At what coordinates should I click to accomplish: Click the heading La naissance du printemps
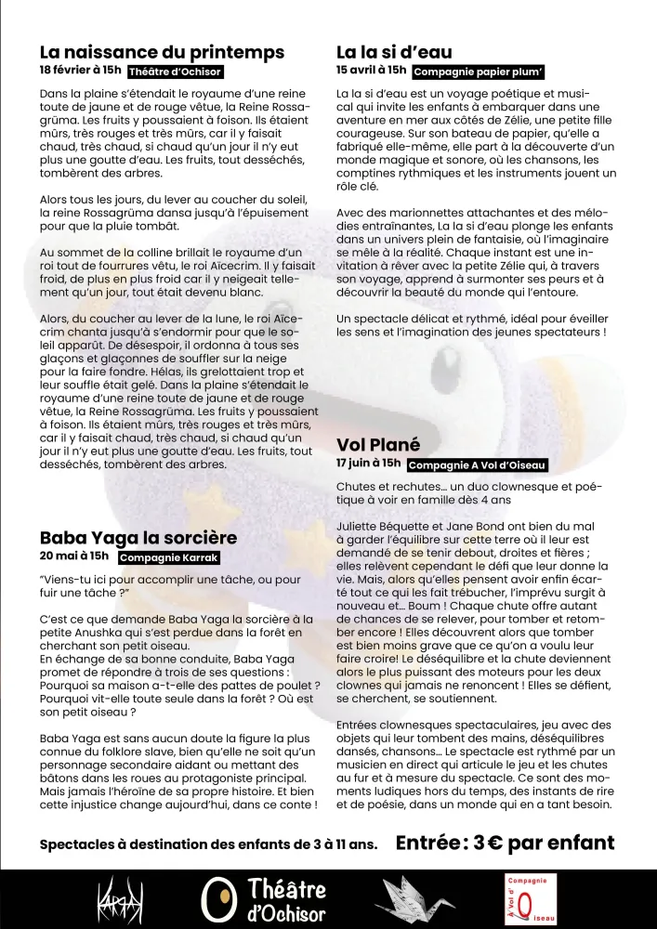pos(162,52)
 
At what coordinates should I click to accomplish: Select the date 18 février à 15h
pos(81,71)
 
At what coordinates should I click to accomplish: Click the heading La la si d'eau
pos(394,52)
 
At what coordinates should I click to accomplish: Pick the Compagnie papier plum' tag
pos(478,72)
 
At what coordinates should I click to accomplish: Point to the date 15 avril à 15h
pos(371,70)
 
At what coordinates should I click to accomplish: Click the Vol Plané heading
pos(378,444)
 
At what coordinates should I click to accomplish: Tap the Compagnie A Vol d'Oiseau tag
pos(478,465)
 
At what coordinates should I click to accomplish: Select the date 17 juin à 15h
pos(369,463)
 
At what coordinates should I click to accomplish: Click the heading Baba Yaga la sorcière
pos(138,537)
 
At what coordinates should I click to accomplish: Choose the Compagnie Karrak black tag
pos(169,558)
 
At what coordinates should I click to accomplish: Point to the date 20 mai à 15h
pos(74,556)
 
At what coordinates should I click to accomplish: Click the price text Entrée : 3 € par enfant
pos(505,843)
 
